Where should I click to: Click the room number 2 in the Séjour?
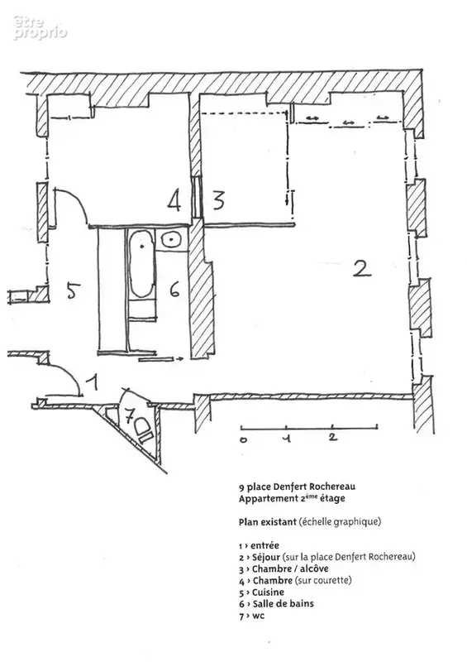click(x=362, y=268)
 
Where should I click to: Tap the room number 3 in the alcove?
click(x=218, y=200)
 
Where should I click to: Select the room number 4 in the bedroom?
click(x=174, y=200)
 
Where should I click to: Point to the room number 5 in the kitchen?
click(x=74, y=290)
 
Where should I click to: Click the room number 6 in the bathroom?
click(x=175, y=290)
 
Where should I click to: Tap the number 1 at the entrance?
click(x=93, y=382)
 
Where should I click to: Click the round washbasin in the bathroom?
click(x=171, y=239)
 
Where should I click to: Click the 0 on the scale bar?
click(x=243, y=440)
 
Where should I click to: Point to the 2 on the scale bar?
click(x=333, y=437)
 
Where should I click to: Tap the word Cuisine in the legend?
click(x=268, y=592)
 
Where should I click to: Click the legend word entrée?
click(x=264, y=545)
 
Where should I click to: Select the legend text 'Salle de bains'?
click(x=283, y=604)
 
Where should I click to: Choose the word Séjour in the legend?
click(x=266, y=557)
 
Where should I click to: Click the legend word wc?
click(x=258, y=616)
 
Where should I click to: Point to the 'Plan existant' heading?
click(x=268, y=522)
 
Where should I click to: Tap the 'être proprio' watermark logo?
click(x=40, y=28)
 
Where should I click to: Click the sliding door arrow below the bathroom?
click(x=160, y=359)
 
